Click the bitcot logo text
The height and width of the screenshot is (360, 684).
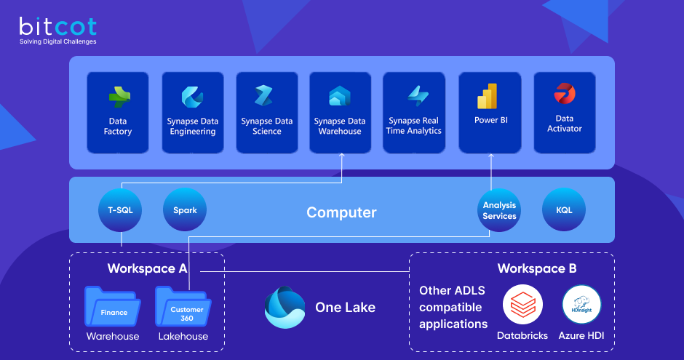57,27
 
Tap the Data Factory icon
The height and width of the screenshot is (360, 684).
118,97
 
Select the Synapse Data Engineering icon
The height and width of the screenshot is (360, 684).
192,97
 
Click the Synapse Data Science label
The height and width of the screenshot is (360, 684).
267,126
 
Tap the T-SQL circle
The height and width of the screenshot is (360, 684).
120,210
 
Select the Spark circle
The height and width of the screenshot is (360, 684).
185,210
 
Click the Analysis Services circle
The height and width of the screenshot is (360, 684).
499,210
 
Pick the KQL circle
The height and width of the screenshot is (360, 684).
564,210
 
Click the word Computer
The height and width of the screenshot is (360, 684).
341,212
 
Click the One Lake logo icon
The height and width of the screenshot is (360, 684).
285,307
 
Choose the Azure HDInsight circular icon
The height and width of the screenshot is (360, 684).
581,304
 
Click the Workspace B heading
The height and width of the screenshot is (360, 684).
537,268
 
